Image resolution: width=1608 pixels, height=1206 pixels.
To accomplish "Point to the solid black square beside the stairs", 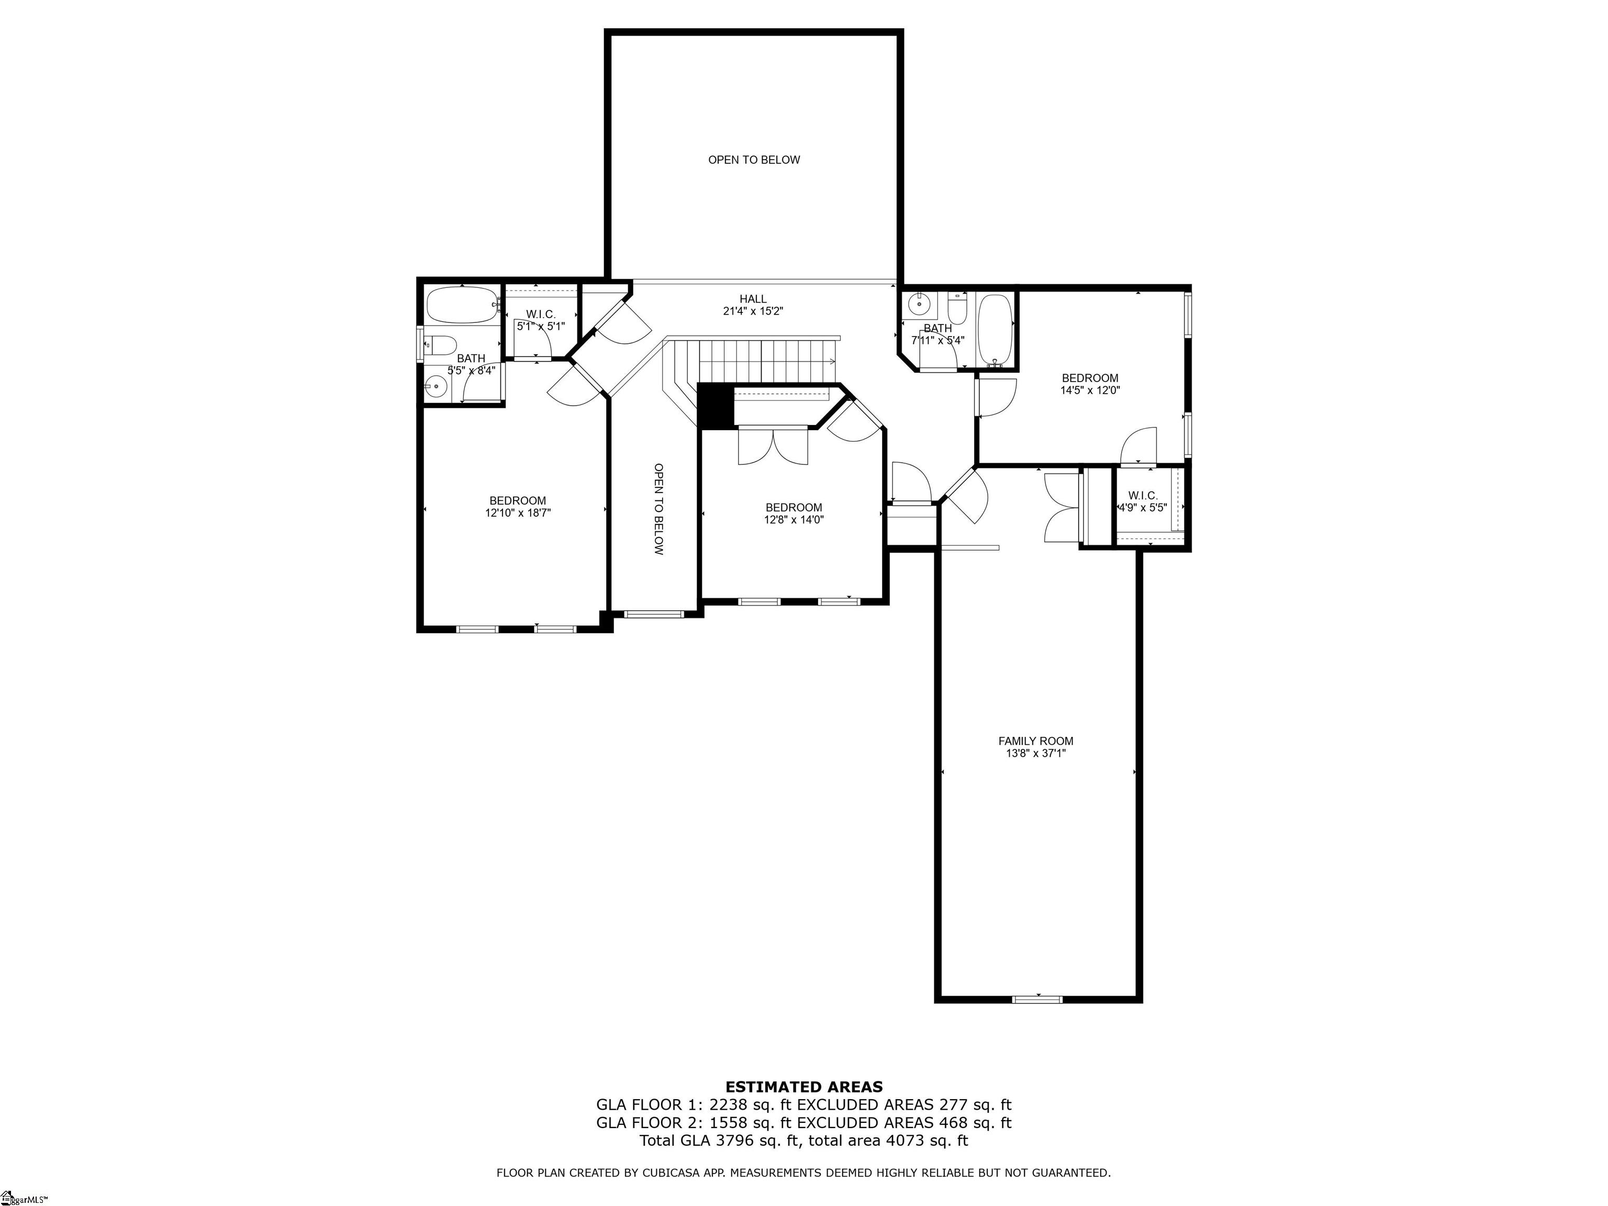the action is tap(716, 406).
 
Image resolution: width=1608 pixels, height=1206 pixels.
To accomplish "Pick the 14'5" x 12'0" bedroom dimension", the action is tap(1090, 389).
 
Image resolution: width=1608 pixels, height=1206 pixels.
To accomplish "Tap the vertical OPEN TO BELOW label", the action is tap(658, 510).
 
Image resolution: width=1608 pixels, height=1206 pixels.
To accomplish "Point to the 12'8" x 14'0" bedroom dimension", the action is tap(794, 520).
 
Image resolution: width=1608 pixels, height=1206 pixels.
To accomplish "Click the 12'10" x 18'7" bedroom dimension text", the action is tap(518, 512).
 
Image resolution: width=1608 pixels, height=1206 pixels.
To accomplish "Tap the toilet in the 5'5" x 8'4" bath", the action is tap(440, 344).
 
